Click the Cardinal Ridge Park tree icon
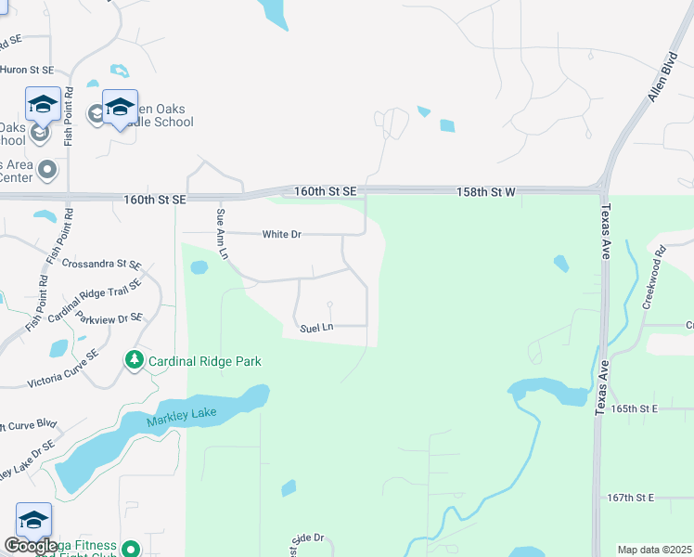coord(135,359)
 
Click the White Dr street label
coord(282,235)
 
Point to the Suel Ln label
coord(316,328)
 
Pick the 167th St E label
coord(630,499)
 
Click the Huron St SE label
coord(28,70)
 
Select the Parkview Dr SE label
coord(109,317)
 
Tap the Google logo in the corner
coord(31,546)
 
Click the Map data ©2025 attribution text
coord(654,550)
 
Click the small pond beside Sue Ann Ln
coord(199,268)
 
